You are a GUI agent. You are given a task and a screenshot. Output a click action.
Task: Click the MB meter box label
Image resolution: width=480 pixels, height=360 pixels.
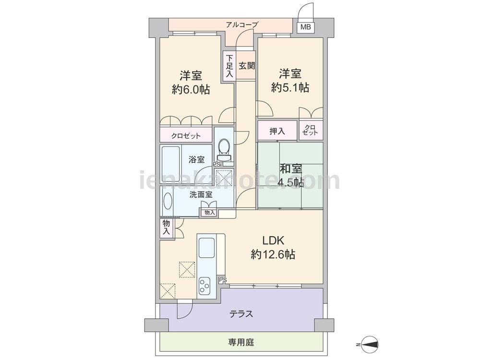click(x=305, y=27)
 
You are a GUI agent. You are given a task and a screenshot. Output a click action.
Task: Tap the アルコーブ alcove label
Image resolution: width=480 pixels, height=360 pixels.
click(x=242, y=24)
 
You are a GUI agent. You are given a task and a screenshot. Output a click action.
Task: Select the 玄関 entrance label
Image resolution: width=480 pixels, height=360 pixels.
click(x=246, y=65)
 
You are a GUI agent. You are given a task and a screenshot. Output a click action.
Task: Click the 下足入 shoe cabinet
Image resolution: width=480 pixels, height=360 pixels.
click(x=229, y=66)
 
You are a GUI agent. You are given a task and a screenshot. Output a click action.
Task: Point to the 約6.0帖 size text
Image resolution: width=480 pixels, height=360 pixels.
click(x=191, y=89)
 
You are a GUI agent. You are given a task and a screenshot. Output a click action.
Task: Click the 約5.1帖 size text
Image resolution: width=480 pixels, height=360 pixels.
click(x=290, y=87)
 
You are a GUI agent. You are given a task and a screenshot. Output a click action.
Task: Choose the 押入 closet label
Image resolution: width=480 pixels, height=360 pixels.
click(x=277, y=131)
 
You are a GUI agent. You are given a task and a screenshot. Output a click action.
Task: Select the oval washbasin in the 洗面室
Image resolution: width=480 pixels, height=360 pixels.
click(x=168, y=201)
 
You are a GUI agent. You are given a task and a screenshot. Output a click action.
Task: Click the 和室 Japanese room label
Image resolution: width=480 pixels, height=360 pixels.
click(x=290, y=168)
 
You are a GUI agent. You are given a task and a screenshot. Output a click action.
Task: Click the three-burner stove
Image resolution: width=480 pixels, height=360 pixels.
click(x=204, y=286)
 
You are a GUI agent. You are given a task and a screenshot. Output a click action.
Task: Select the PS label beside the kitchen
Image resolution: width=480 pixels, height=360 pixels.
click(x=223, y=280)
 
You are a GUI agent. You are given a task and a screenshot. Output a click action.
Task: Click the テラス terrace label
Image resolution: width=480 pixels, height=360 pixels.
click(x=241, y=314)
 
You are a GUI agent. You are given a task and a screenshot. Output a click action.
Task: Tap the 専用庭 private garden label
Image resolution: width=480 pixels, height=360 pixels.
click(x=241, y=342)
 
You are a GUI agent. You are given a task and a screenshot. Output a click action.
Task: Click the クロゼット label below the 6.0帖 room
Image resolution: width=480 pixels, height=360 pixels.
click(x=186, y=136)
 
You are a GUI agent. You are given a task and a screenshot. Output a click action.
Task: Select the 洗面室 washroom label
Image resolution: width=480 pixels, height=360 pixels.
click(x=201, y=194)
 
